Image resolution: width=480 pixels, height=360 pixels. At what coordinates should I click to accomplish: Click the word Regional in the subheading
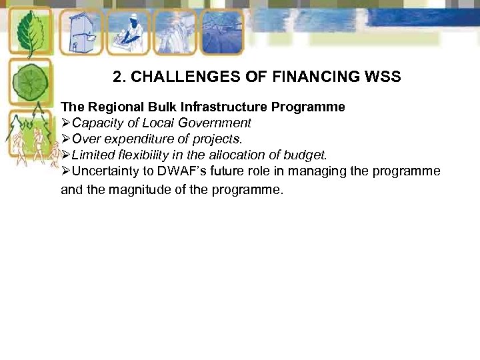(x=110, y=107)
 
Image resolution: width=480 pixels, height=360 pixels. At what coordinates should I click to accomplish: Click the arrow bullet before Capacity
(x=65, y=123)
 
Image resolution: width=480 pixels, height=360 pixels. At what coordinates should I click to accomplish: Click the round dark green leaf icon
(x=29, y=83)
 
